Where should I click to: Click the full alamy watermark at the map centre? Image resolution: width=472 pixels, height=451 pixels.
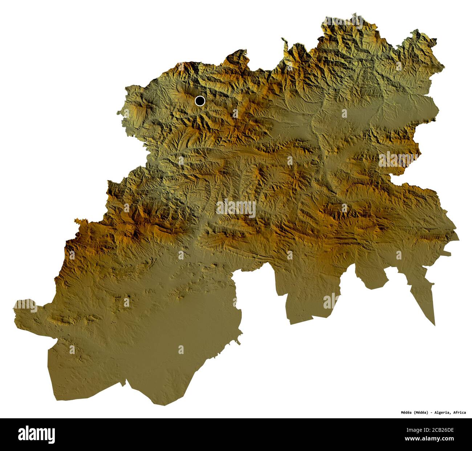(236, 208)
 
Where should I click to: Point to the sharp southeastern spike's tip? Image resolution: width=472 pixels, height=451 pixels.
(435, 325)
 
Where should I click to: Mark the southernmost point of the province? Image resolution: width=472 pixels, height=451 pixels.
(153, 403)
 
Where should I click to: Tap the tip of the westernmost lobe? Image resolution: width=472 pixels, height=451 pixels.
(15, 305)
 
